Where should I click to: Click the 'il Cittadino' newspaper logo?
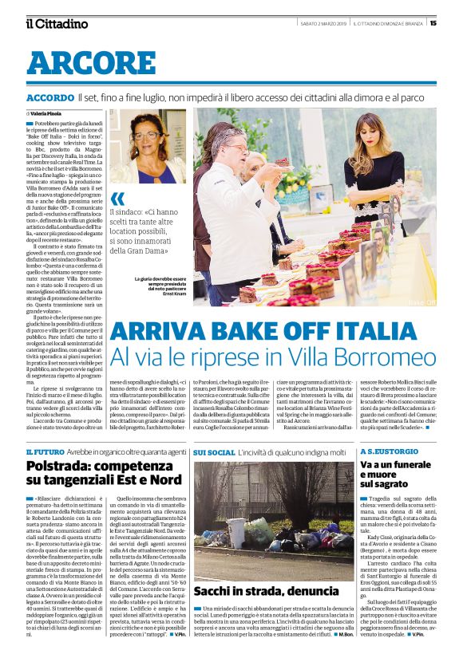55,23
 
